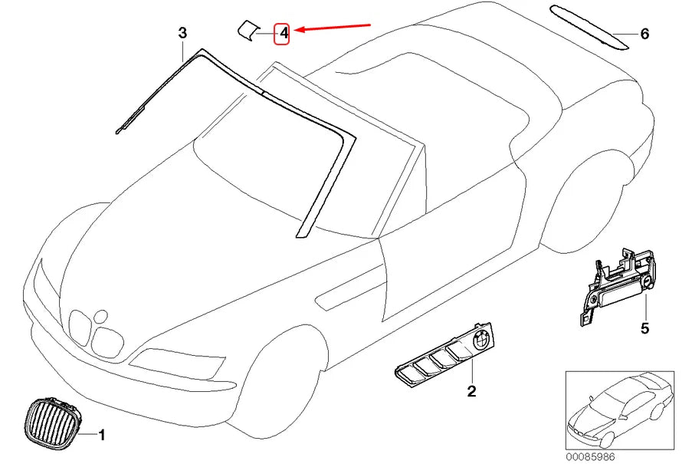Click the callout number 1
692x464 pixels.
pyautogui.click(x=102, y=435)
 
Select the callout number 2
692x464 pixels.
pyautogui.click(x=472, y=391)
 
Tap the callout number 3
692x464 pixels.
pyautogui.click(x=182, y=33)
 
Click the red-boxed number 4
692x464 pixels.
pyautogui.click(x=283, y=33)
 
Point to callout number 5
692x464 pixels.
pyautogui.click(x=644, y=328)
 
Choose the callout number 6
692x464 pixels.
pyautogui.click(x=644, y=34)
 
